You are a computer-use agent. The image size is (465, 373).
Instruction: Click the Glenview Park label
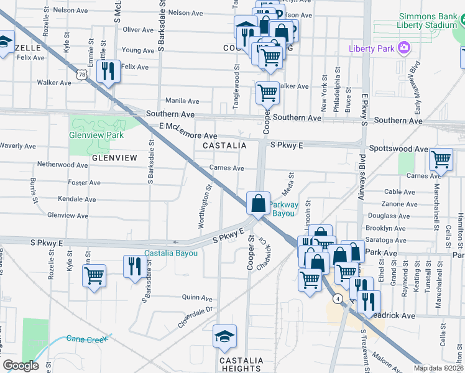[x=97, y=135]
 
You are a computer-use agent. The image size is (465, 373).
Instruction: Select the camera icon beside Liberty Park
[x=404, y=47]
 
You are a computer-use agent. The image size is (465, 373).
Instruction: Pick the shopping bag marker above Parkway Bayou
[x=257, y=203]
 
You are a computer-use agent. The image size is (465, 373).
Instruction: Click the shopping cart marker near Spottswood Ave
[x=441, y=159]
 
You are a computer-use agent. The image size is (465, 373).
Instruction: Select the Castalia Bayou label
[x=171, y=253]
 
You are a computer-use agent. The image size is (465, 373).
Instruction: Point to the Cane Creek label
[x=87, y=339]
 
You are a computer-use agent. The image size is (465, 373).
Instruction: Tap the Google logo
[x=21, y=366]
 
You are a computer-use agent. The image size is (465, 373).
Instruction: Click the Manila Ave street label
[x=182, y=101]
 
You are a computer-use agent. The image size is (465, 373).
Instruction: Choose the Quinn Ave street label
[x=198, y=297]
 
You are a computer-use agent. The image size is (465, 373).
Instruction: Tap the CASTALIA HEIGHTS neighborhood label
[x=241, y=365]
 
